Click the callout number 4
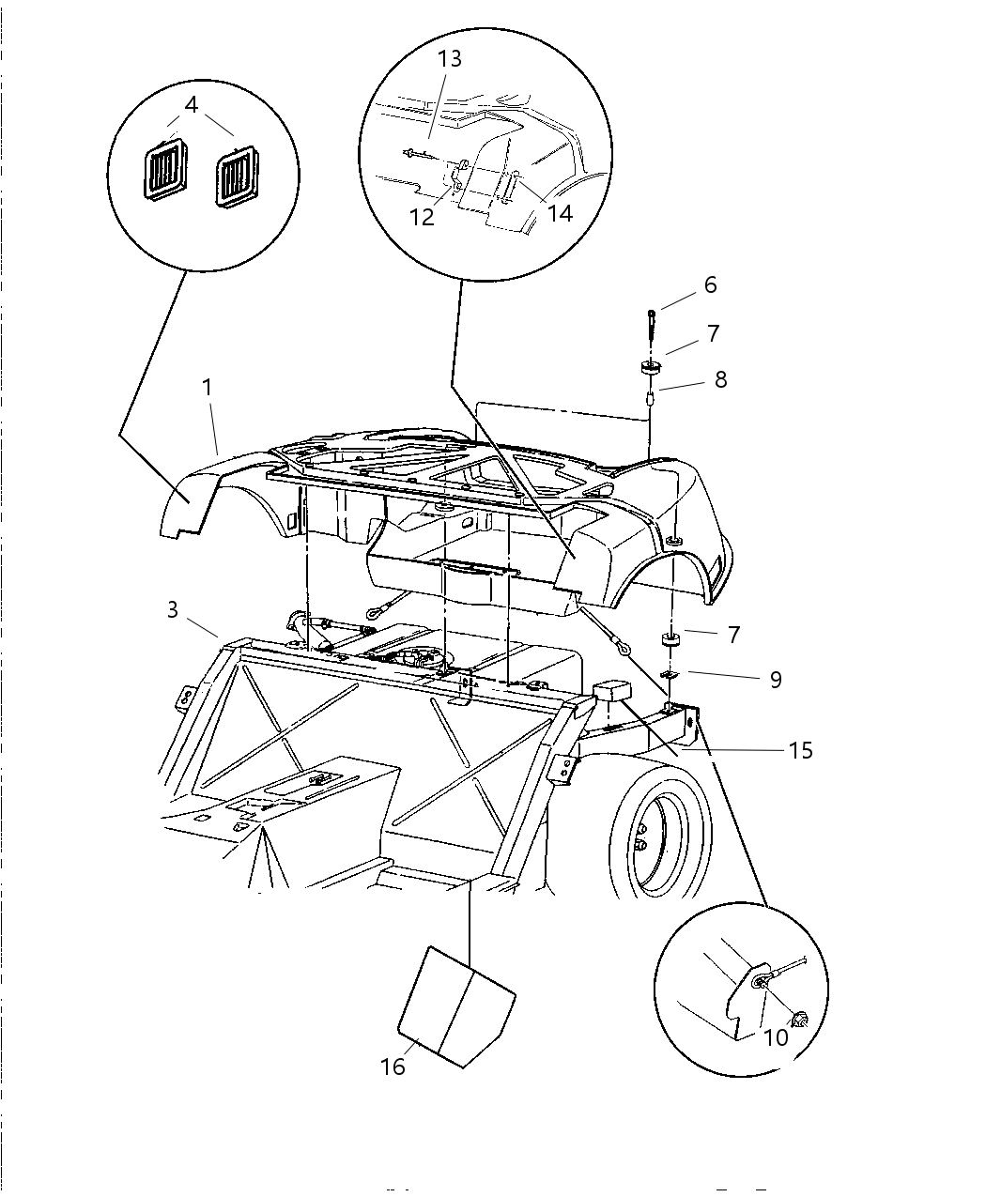coord(192,104)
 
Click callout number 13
coord(450,58)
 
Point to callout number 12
coord(423,217)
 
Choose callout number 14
coord(560,213)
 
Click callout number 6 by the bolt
coord(710,284)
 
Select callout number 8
coord(720,379)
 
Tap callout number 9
coord(775,679)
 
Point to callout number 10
coord(777,1038)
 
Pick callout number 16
coord(393,1067)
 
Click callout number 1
coord(207,386)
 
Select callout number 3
coord(173,609)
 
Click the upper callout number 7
coord(714,333)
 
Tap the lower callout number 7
coord(733,634)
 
